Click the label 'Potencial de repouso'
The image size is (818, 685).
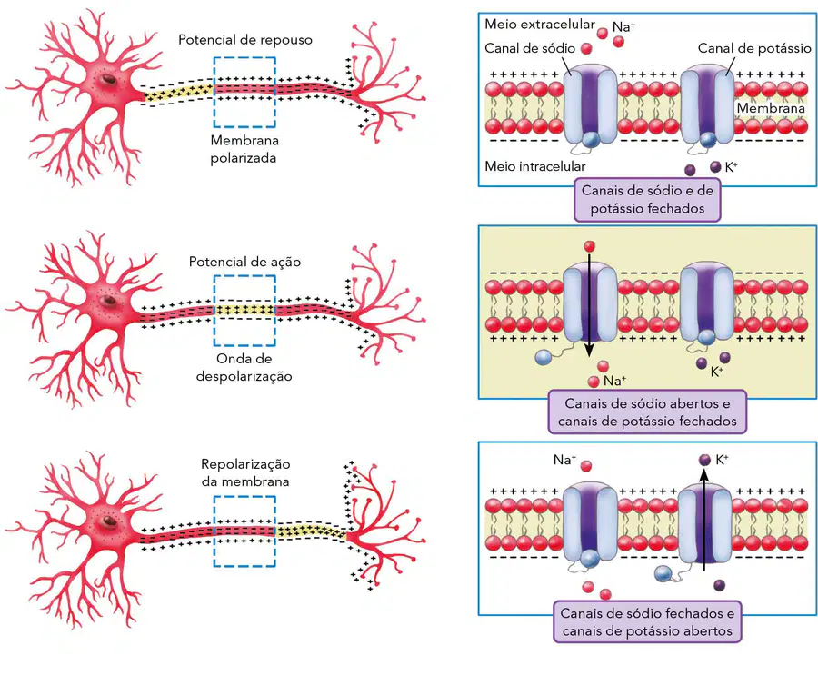click(245, 40)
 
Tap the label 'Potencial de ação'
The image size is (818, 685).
click(244, 262)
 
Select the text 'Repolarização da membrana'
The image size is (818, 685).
click(245, 472)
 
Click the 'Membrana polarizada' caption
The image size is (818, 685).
click(244, 149)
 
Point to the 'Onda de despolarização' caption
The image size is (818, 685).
click(244, 368)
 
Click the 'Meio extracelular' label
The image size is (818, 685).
click(539, 24)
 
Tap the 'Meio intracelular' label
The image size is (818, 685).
click(534, 166)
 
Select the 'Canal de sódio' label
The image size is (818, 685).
click(530, 48)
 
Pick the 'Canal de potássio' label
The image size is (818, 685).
click(754, 48)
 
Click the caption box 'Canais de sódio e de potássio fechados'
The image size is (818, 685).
click(647, 200)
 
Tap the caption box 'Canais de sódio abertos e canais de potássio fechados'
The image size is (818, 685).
click(647, 412)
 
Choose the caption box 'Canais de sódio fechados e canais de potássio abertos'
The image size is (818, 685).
click(647, 622)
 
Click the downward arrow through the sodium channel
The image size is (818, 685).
click(589, 305)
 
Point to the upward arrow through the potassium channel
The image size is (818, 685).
click(703, 520)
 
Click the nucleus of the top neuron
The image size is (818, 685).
click(108, 79)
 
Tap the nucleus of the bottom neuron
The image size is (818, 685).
click(108, 521)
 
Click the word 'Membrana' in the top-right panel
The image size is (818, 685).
click(771, 108)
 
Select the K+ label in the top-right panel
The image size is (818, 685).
click(732, 167)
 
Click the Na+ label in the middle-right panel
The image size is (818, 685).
click(614, 381)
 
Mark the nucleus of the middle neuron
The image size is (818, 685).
click(108, 301)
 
